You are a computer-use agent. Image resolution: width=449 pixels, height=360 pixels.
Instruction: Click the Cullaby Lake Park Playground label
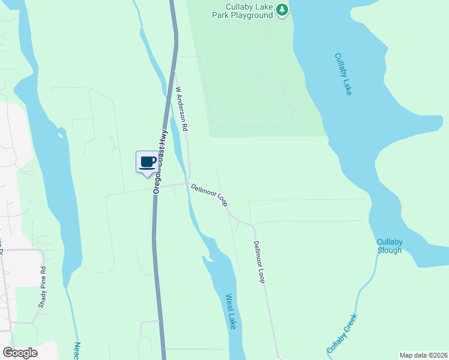[x=243, y=11]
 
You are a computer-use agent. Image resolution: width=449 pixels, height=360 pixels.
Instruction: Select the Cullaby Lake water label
[x=343, y=74]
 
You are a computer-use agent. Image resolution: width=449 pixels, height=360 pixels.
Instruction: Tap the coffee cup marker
[x=148, y=162]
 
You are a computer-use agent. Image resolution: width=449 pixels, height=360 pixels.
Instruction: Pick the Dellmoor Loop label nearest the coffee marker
[x=209, y=195]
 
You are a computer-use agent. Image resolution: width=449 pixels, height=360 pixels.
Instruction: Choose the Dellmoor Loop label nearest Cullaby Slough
[x=259, y=262]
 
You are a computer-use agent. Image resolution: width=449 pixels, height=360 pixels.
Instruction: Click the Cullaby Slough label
[x=390, y=246]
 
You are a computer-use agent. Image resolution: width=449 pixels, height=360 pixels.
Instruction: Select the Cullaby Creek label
[x=342, y=333]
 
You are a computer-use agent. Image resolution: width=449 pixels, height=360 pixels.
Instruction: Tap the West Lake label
[x=231, y=311]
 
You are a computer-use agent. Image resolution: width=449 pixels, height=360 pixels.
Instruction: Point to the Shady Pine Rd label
[x=42, y=287]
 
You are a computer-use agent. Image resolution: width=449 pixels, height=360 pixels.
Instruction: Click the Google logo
[x=20, y=353]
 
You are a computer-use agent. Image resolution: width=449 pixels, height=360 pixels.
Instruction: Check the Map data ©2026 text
[x=423, y=355]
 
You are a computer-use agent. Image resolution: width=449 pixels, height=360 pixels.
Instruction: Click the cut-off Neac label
[x=77, y=350]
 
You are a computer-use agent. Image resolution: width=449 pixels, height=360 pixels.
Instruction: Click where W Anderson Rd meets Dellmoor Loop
[x=188, y=181]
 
